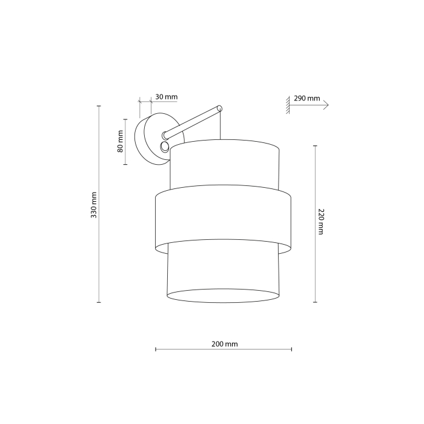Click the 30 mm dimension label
tap(167, 97)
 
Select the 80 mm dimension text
tap(120, 141)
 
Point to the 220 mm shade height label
tap(320, 222)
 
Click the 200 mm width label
tap(225, 343)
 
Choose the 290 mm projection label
tap(307, 98)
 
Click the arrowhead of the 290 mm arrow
tap(326, 105)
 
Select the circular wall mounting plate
tap(148, 138)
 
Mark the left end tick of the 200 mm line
tap(156, 349)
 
